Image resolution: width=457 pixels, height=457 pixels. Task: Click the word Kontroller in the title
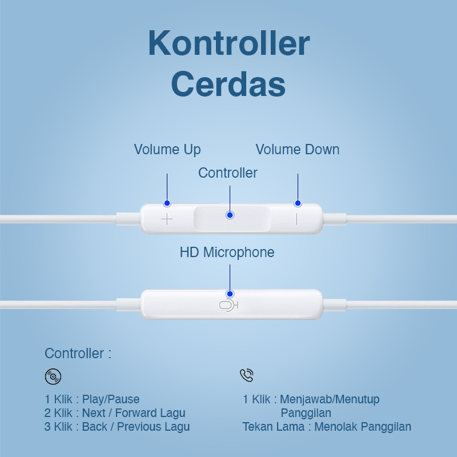[229, 43]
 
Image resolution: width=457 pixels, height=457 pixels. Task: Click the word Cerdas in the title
[228, 84]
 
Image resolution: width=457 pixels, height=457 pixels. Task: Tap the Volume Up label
[167, 150]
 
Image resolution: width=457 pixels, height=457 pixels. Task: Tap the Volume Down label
[298, 150]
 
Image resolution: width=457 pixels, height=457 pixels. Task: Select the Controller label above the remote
[228, 173]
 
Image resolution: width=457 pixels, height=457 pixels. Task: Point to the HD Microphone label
[227, 252]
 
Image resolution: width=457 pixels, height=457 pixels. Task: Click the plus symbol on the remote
[167, 219]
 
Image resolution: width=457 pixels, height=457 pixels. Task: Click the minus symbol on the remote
[296, 219]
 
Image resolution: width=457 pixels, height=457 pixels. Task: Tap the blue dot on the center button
[230, 215]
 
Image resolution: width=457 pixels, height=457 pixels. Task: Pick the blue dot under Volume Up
[167, 203]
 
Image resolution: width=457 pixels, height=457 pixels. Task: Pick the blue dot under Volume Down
[298, 203]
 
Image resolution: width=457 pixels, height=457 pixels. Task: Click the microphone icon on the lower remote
[229, 306]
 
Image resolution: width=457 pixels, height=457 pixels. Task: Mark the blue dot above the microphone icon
[230, 294]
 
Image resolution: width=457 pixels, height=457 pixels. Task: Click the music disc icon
[53, 376]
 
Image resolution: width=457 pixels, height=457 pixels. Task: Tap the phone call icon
[247, 375]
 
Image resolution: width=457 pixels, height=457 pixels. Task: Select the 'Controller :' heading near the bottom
[78, 354]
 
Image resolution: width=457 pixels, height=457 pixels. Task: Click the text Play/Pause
[111, 399]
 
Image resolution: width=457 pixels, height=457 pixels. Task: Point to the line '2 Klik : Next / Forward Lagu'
[115, 413]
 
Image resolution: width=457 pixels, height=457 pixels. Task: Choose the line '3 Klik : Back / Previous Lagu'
[117, 427]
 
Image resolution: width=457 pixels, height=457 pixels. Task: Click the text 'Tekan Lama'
[274, 427]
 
